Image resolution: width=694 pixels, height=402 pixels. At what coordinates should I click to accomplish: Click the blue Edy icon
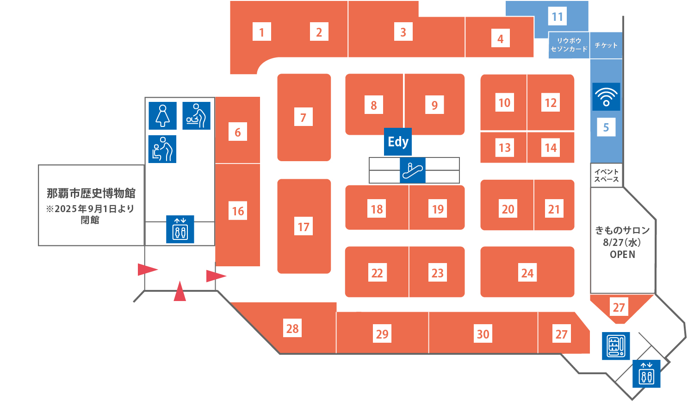click(x=398, y=141)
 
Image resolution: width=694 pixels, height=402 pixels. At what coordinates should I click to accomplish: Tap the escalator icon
click(x=412, y=170)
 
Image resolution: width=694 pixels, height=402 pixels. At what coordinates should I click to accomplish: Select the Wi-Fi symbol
click(x=606, y=97)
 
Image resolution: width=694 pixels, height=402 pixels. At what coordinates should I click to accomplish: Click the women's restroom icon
click(x=163, y=116)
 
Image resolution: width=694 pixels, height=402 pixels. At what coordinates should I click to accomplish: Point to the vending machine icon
click(x=616, y=346)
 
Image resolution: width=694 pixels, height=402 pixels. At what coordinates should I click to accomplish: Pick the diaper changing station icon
click(x=197, y=116)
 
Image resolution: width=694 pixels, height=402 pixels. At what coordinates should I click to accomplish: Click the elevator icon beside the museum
click(x=180, y=229)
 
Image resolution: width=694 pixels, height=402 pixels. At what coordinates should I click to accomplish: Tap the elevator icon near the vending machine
click(x=646, y=374)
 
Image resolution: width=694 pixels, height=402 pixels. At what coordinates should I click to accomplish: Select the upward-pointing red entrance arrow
click(x=180, y=291)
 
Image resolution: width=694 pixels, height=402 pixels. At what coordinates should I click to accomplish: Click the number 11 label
click(x=558, y=16)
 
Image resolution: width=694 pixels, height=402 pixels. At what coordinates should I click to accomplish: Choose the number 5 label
click(x=606, y=127)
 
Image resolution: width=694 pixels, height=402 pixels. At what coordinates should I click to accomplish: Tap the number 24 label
click(x=527, y=273)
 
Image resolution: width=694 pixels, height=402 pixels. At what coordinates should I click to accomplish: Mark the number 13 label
click(x=505, y=148)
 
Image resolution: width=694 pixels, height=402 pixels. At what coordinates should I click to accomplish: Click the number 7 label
click(x=304, y=117)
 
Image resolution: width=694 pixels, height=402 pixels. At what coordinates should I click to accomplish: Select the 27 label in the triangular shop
click(x=619, y=307)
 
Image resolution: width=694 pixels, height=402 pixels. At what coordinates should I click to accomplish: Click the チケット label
click(x=606, y=45)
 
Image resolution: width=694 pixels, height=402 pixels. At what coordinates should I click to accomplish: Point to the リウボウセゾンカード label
click(x=569, y=45)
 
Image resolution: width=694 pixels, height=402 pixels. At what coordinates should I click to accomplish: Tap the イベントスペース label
click(x=606, y=176)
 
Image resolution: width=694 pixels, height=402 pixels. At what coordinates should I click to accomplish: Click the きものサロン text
click(x=622, y=230)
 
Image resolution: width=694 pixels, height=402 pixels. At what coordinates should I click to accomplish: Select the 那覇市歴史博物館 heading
click(x=91, y=193)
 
